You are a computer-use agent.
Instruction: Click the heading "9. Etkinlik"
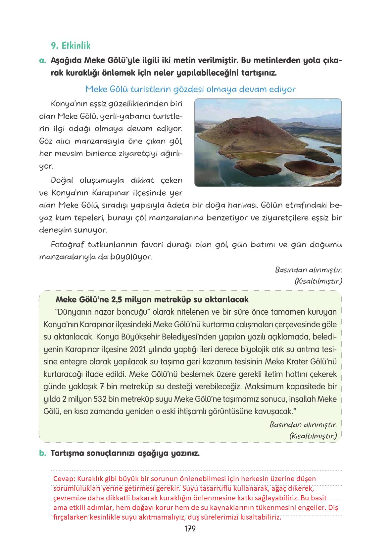click(71, 45)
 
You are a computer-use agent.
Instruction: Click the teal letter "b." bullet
click(42, 453)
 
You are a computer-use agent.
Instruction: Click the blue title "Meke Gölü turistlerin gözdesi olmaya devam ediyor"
click(190, 89)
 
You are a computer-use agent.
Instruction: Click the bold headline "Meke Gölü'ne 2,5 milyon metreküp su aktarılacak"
click(152, 299)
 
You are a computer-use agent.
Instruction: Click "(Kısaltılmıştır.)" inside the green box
click(313, 436)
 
